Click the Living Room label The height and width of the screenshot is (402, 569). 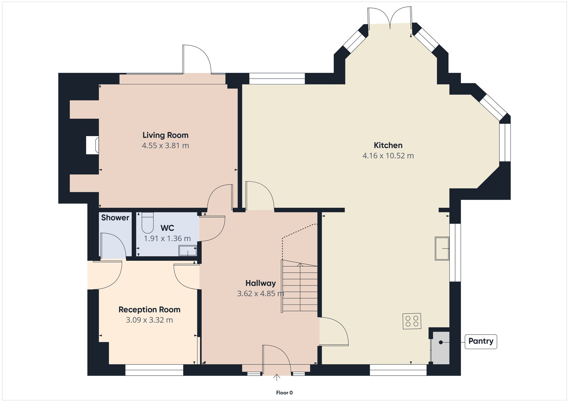(165, 135)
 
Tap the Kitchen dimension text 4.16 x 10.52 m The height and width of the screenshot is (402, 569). (388, 156)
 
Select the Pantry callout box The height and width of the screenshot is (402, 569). (481, 341)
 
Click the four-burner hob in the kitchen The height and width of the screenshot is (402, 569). (412, 321)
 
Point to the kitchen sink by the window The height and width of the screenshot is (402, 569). (442, 249)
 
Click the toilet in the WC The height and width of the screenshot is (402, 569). (147, 223)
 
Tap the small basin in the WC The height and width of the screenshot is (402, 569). (187, 251)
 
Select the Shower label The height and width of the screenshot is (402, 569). (115, 218)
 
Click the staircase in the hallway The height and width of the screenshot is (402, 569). (300, 287)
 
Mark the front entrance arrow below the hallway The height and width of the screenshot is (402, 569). (277, 378)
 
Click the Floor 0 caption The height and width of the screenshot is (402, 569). (284, 393)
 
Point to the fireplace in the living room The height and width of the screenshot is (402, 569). (92, 145)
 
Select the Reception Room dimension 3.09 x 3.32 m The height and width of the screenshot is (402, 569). (149, 320)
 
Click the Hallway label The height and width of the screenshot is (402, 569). (261, 283)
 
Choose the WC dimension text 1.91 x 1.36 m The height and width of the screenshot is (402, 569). (167, 238)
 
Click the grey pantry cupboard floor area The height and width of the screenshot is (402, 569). (441, 348)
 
